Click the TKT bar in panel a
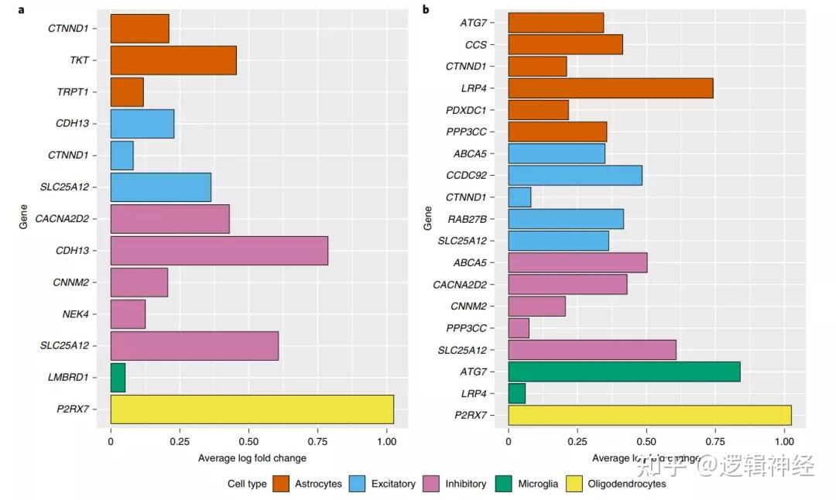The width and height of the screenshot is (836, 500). [x=173, y=60]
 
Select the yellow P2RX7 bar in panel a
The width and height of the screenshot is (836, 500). [x=252, y=409]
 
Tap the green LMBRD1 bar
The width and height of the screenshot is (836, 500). [x=118, y=378]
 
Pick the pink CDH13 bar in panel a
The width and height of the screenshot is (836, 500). [x=219, y=251]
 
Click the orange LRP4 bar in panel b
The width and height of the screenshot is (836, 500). [x=610, y=88]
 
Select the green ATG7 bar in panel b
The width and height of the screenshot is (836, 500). [x=624, y=371]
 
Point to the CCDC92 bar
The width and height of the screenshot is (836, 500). [x=575, y=175]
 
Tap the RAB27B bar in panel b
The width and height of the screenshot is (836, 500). [x=566, y=219]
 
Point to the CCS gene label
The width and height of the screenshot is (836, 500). [x=475, y=45]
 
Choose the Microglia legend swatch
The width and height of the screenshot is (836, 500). [x=503, y=484]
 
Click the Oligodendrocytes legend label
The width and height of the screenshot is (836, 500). [x=626, y=484]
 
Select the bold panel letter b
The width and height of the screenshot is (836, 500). [x=425, y=9]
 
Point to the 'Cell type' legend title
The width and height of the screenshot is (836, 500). [x=247, y=484]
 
